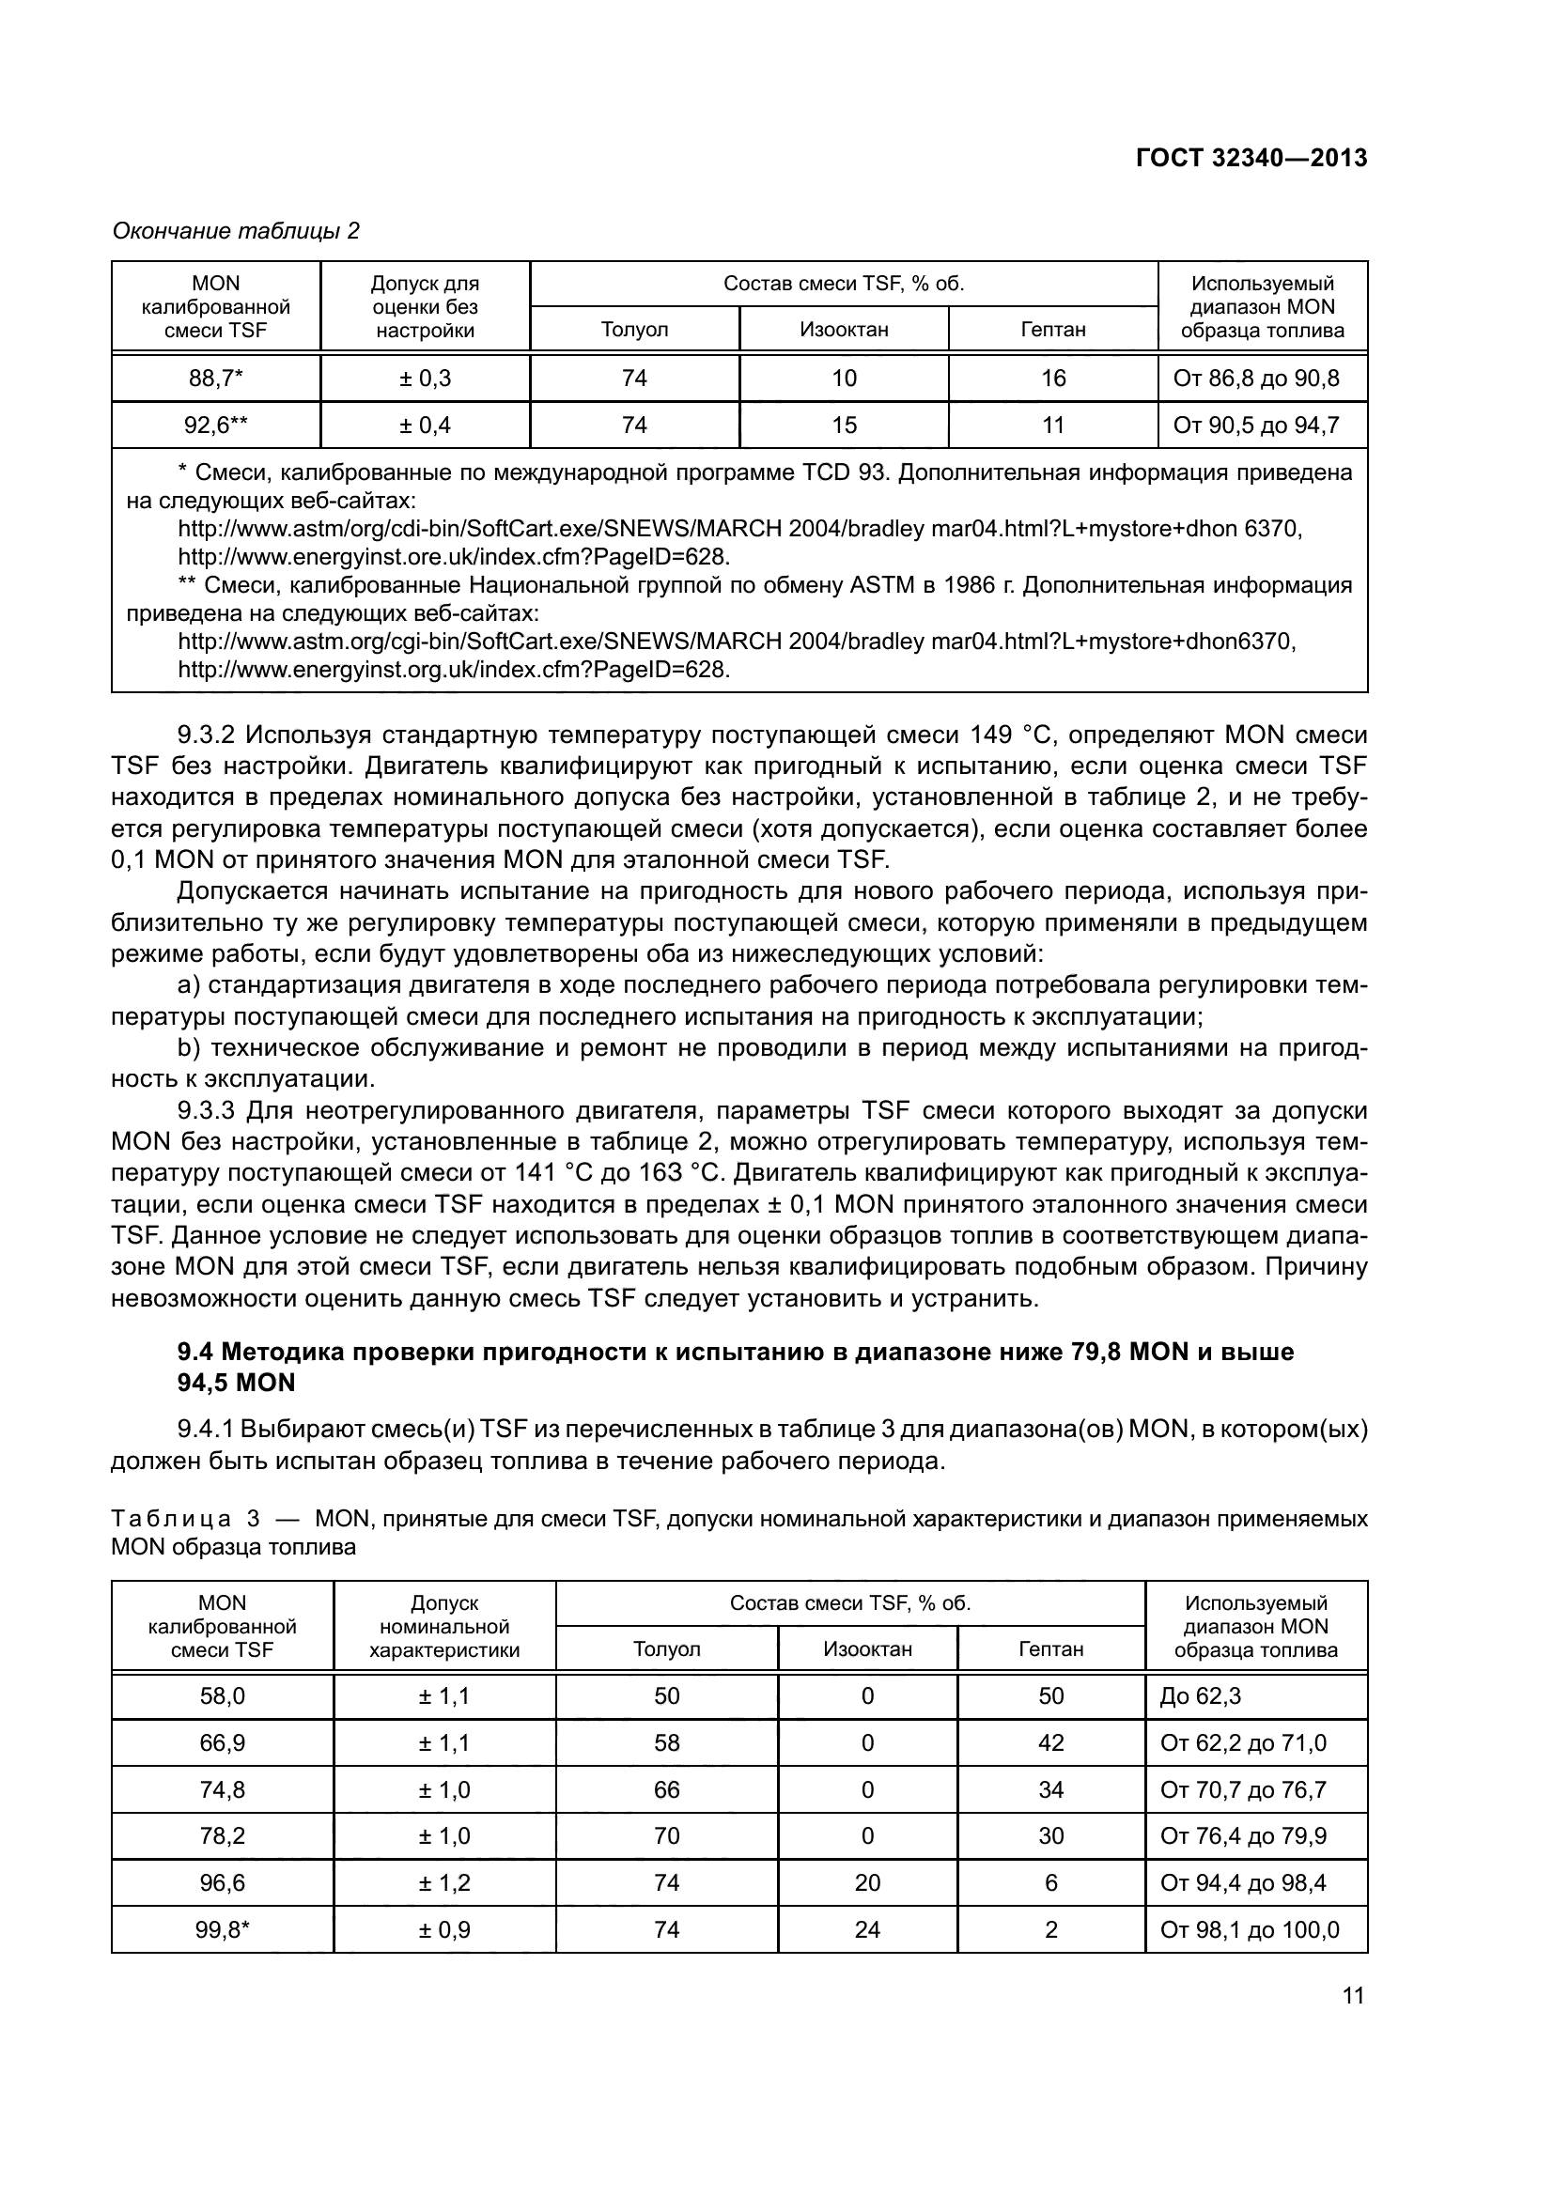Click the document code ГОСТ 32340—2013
point(1251,159)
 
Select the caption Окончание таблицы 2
point(236,232)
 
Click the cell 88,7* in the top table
point(215,379)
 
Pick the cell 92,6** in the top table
point(215,425)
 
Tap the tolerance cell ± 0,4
point(425,425)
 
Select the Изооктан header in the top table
point(843,330)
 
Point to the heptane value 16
point(1052,379)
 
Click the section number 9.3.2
point(206,735)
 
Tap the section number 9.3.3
point(206,1111)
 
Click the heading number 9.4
point(197,1352)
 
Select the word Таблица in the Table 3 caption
point(171,1520)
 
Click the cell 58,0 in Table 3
point(222,1696)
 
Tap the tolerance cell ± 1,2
point(444,1883)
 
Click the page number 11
point(1353,1996)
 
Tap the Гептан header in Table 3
point(1050,1649)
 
